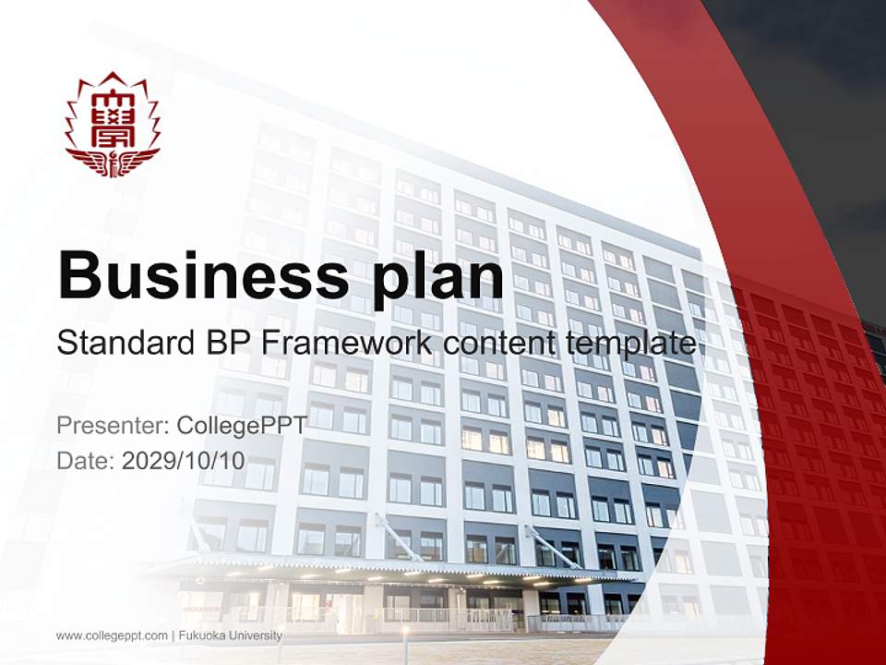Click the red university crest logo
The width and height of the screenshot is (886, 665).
113,125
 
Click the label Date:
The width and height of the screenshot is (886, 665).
86,460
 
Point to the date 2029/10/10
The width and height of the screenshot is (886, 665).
184,460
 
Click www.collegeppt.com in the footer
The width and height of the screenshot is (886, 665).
112,635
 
